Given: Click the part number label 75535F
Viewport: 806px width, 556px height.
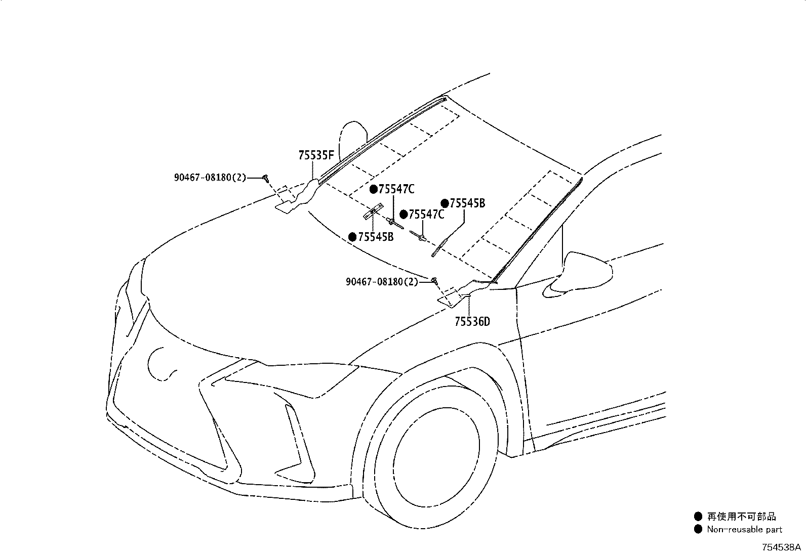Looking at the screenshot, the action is click(x=316, y=155).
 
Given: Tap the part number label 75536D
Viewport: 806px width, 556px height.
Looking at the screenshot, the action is click(x=472, y=321).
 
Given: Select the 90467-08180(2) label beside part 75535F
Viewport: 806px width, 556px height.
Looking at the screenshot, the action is click(x=210, y=177).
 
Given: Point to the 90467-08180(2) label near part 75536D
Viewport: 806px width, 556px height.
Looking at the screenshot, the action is click(x=382, y=282).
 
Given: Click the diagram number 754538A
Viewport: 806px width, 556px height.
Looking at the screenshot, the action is click(x=781, y=547).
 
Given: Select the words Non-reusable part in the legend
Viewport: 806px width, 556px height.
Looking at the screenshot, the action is click(x=744, y=529).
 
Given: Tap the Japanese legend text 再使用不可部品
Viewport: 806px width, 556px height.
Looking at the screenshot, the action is click(x=741, y=517).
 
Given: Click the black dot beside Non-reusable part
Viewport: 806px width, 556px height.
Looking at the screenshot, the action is click(x=698, y=529).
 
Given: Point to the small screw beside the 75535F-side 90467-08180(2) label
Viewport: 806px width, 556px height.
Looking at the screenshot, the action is click(x=266, y=177).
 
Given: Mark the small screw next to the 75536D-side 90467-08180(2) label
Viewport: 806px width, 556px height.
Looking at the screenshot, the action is click(x=434, y=280).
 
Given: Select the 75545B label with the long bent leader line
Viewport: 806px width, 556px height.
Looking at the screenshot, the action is click(x=467, y=203).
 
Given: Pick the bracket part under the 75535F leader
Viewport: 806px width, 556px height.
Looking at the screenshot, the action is click(x=297, y=200).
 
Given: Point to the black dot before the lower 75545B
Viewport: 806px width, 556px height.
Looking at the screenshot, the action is click(x=352, y=237).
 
